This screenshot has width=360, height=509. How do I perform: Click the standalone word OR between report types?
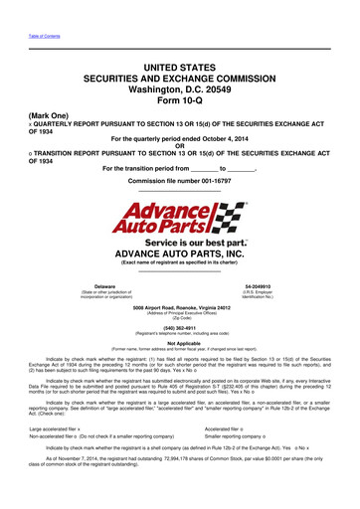tap(180, 147)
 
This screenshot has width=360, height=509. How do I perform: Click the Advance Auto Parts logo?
tap(180, 218)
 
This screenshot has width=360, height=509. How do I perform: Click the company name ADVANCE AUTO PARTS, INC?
tap(180, 254)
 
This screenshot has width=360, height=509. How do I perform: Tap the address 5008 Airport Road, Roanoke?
tap(180, 309)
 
